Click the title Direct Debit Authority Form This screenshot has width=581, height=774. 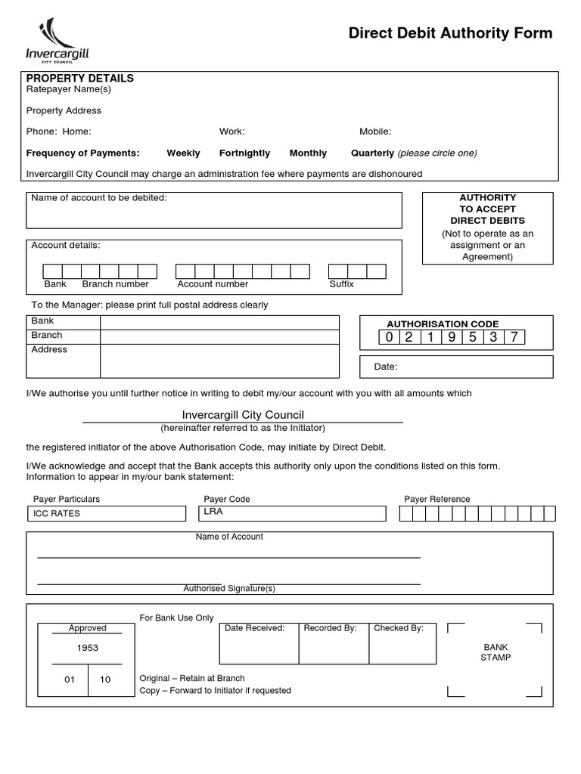[x=450, y=33]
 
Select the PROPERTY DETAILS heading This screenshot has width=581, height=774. [x=80, y=78]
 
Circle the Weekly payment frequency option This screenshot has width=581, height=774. [x=183, y=153]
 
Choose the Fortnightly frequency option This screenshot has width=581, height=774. [x=244, y=153]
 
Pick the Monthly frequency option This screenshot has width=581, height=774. [x=308, y=153]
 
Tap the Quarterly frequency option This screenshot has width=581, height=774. [x=372, y=153]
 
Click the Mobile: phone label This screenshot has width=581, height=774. [x=375, y=132]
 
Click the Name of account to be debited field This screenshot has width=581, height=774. [x=214, y=212]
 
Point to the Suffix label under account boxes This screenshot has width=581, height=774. [x=341, y=284]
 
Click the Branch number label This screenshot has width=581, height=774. [x=115, y=284]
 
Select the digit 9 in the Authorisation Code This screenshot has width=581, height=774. [x=452, y=337]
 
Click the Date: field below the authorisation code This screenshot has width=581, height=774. [x=455, y=367]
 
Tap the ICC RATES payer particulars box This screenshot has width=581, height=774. [x=106, y=513]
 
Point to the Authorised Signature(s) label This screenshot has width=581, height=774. [x=229, y=588]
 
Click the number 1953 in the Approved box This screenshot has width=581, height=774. [x=88, y=648]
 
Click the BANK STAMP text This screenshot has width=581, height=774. [x=496, y=652]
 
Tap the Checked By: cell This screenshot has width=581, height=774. [x=402, y=642]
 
